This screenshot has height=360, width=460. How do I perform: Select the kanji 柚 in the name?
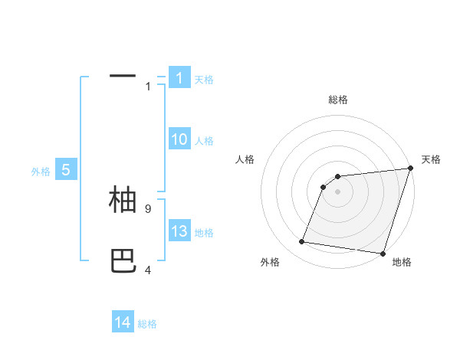coord(123,199)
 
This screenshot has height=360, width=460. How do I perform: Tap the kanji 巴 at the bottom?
coord(123,261)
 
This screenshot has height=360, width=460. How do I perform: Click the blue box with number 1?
coord(179,77)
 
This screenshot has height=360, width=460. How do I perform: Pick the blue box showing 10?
coord(179,139)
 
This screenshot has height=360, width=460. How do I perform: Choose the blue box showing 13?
coord(179,231)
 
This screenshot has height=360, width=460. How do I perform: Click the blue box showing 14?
coord(123,322)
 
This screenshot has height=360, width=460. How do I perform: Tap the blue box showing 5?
coord(66,171)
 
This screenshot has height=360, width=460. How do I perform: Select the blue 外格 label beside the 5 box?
coord(41,172)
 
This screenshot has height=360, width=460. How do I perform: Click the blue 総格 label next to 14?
coord(147,324)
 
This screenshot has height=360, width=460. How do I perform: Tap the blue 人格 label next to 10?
coord(204,141)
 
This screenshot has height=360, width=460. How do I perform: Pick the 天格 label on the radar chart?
coord(431,159)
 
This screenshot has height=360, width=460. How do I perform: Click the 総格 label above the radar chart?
coord(338,100)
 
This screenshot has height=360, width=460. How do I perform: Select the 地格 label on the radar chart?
coord(402,262)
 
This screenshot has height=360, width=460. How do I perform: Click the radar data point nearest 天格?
coord(410,169)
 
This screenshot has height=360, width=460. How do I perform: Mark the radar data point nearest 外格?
coord(302,242)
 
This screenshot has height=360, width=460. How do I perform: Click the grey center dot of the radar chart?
coord(337,191)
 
